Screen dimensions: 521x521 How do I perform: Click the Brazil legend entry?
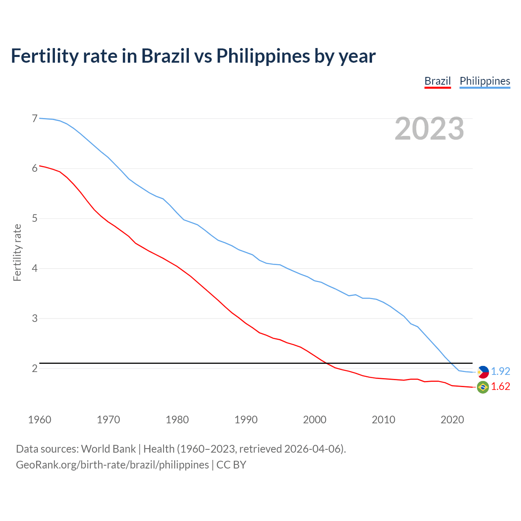click(x=438, y=81)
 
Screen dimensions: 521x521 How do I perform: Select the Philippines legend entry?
click(x=485, y=81)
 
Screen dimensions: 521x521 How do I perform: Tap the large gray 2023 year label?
click(x=429, y=129)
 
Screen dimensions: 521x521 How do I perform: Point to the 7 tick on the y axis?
click(x=35, y=118)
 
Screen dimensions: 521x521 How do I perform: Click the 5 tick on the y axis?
click(x=35, y=219)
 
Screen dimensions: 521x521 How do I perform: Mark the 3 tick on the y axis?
click(x=35, y=318)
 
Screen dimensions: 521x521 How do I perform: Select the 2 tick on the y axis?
click(x=35, y=368)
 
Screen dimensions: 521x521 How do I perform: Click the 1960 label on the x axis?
click(x=39, y=420)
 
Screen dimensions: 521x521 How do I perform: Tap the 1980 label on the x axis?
click(x=177, y=420)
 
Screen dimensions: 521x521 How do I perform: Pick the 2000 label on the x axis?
click(x=315, y=420)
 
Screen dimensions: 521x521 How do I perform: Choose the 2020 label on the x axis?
click(x=452, y=420)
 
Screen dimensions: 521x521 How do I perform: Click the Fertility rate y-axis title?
click(x=17, y=252)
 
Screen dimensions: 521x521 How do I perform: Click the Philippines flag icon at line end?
click(x=483, y=372)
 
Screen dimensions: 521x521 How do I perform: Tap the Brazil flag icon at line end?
click(x=483, y=387)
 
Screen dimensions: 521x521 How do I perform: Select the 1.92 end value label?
click(x=500, y=371)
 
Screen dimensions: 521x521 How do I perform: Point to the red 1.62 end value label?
click(x=500, y=387)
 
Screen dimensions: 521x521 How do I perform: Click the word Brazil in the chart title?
click(x=165, y=56)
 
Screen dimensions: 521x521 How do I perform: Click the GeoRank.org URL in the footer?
click(x=112, y=465)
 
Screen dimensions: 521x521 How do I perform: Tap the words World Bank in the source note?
click(x=108, y=449)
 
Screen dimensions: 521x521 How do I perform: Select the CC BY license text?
click(x=231, y=465)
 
